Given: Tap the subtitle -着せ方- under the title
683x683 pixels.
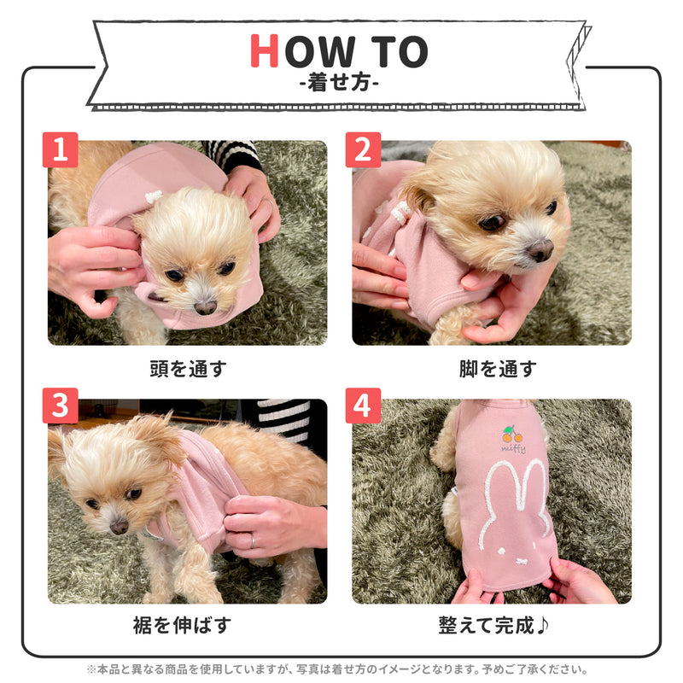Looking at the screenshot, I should (x=341, y=85).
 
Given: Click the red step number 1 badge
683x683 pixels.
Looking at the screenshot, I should (x=60, y=150).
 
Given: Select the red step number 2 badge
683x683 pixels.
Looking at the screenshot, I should (x=363, y=150).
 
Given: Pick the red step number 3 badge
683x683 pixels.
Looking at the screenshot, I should (x=60, y=406).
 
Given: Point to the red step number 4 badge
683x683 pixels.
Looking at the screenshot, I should (x=363, y=406).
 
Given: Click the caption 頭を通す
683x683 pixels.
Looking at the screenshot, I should (x=187, y=369).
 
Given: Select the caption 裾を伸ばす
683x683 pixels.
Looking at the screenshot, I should (x=187, y=625).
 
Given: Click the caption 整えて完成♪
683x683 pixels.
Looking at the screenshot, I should (x=494, y=625).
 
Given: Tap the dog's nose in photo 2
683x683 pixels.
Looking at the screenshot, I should (x=540, y=250).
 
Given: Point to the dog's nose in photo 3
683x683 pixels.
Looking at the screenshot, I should (x=119, y=526).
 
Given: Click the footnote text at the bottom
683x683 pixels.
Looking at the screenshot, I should (x=341, y=669).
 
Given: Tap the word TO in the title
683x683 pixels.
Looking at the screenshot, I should (x=398, y=52).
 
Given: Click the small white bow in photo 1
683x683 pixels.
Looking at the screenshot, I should (x=154, y=197).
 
